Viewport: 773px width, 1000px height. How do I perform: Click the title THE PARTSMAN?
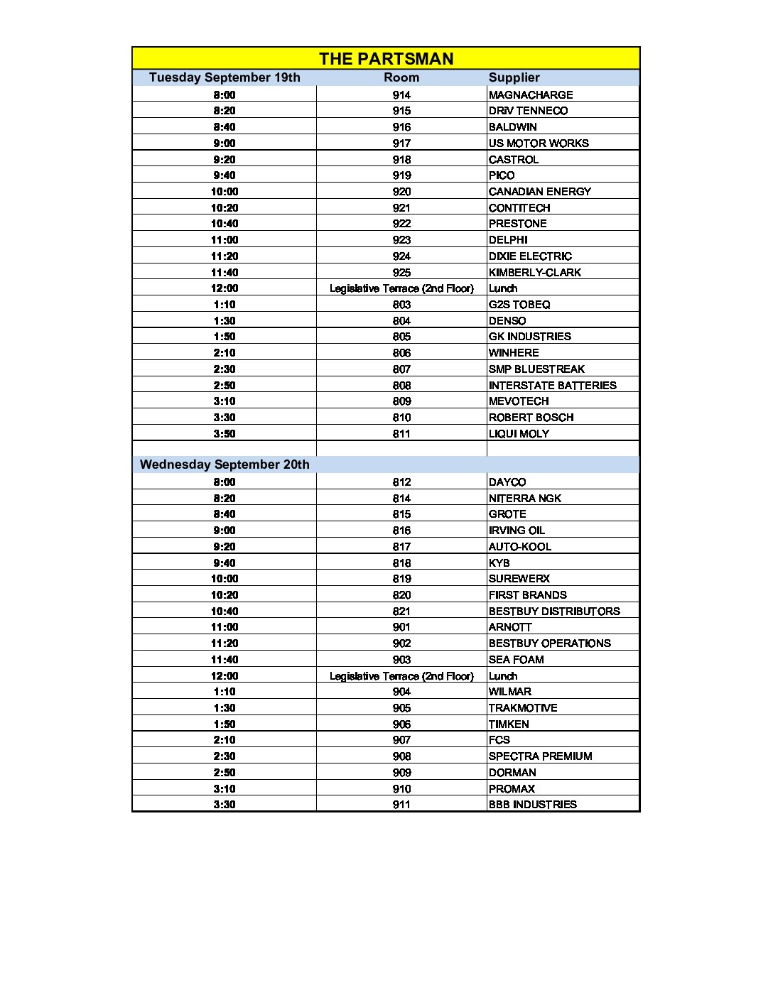point(386,59)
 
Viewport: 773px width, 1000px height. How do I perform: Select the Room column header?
point(401,77)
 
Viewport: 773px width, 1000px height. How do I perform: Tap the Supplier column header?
point(514,77)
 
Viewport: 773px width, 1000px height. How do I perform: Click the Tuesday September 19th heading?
point(225,77)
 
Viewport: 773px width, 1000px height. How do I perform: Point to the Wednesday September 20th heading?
point(225,464)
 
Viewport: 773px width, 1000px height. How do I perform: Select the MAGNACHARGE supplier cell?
point(531,94)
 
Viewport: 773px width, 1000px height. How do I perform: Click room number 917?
point(401,143)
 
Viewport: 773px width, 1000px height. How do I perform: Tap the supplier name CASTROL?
point(514,159)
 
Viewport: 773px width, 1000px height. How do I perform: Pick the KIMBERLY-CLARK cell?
point(535,272)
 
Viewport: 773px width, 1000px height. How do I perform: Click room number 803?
point(401,304)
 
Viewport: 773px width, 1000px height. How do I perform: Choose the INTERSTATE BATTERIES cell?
point(553,385)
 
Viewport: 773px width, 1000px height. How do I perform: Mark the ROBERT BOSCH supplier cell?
point(531,417)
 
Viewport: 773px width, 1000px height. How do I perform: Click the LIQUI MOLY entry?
point(519,433)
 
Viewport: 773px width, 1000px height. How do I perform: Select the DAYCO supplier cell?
point(507,482)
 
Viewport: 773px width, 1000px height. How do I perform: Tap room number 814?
point(401,498)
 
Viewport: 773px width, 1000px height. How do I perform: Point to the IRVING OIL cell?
point(517,530)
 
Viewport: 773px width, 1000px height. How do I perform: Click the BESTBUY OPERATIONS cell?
point(550,643)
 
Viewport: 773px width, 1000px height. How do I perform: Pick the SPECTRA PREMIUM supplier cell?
point(541,756)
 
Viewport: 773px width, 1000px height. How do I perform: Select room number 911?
point(401,804)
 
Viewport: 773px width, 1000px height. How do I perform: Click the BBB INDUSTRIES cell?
point(533,804)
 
